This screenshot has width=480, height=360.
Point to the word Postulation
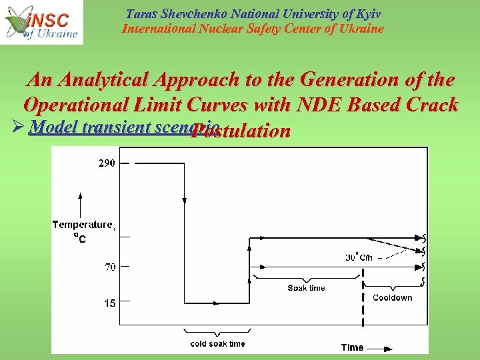click(240, 131)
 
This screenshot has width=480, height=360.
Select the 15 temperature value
click(109, 303)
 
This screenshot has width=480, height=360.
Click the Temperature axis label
click(83, 225)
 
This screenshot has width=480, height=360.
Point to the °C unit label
click(79, 239)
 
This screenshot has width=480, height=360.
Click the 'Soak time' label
click(306, 288)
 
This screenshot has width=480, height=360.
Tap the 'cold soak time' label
click(217, 343)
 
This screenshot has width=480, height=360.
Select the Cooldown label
click(392, 297)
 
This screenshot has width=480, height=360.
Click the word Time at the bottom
click(352, 347)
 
